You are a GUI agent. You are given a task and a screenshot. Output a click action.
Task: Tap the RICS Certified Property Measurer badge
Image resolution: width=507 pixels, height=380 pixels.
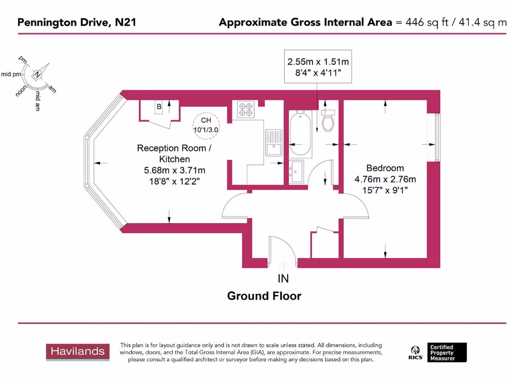pos(437,352)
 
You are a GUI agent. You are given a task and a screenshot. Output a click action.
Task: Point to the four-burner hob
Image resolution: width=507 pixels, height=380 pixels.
pos(246,109)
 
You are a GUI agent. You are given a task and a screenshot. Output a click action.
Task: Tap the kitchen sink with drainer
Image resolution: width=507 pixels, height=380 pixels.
pos(273,142)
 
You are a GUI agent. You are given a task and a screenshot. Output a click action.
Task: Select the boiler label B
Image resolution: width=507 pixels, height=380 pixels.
pos(159,107)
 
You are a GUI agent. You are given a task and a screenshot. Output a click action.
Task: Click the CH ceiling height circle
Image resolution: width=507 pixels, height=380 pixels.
pos(206,124)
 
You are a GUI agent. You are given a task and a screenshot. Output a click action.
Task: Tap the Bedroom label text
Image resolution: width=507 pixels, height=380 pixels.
pos(385,168)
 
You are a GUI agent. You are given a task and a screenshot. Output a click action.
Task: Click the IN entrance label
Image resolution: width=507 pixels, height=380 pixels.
pos(283,279)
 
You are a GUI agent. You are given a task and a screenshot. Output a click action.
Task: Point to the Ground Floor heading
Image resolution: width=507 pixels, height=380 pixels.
pos(264,296)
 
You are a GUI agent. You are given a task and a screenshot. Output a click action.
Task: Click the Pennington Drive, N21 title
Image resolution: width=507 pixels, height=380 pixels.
pos(77,22)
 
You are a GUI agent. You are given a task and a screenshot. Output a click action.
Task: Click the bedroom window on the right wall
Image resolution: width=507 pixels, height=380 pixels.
pos(437,137)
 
